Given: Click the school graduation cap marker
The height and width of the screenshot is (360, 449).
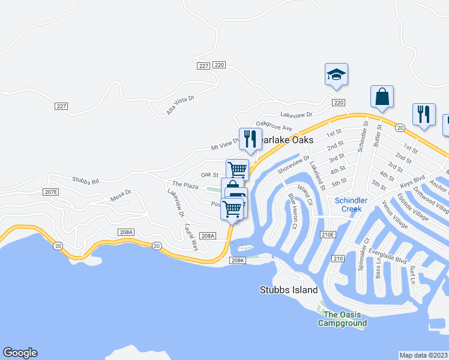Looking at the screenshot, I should coord(336,74).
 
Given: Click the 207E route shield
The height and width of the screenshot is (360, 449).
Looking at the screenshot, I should coord(51,192).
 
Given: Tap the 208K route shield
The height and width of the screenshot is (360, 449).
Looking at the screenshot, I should coord(238,260).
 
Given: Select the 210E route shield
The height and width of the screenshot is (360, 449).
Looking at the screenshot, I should coord(327,234).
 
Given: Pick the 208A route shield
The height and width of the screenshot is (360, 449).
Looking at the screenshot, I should coord(126,232).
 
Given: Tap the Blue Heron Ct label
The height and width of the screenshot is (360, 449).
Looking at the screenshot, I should coord(293,211).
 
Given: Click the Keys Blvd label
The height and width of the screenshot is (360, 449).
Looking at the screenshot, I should coord(413,181).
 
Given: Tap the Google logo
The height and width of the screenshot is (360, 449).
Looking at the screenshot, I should coord(20,353).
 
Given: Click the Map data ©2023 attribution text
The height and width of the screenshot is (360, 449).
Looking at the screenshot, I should coord(423,355).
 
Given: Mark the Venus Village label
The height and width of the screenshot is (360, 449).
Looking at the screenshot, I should coord(395,215).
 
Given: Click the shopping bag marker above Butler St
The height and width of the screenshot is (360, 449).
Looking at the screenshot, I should coord(382,96).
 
